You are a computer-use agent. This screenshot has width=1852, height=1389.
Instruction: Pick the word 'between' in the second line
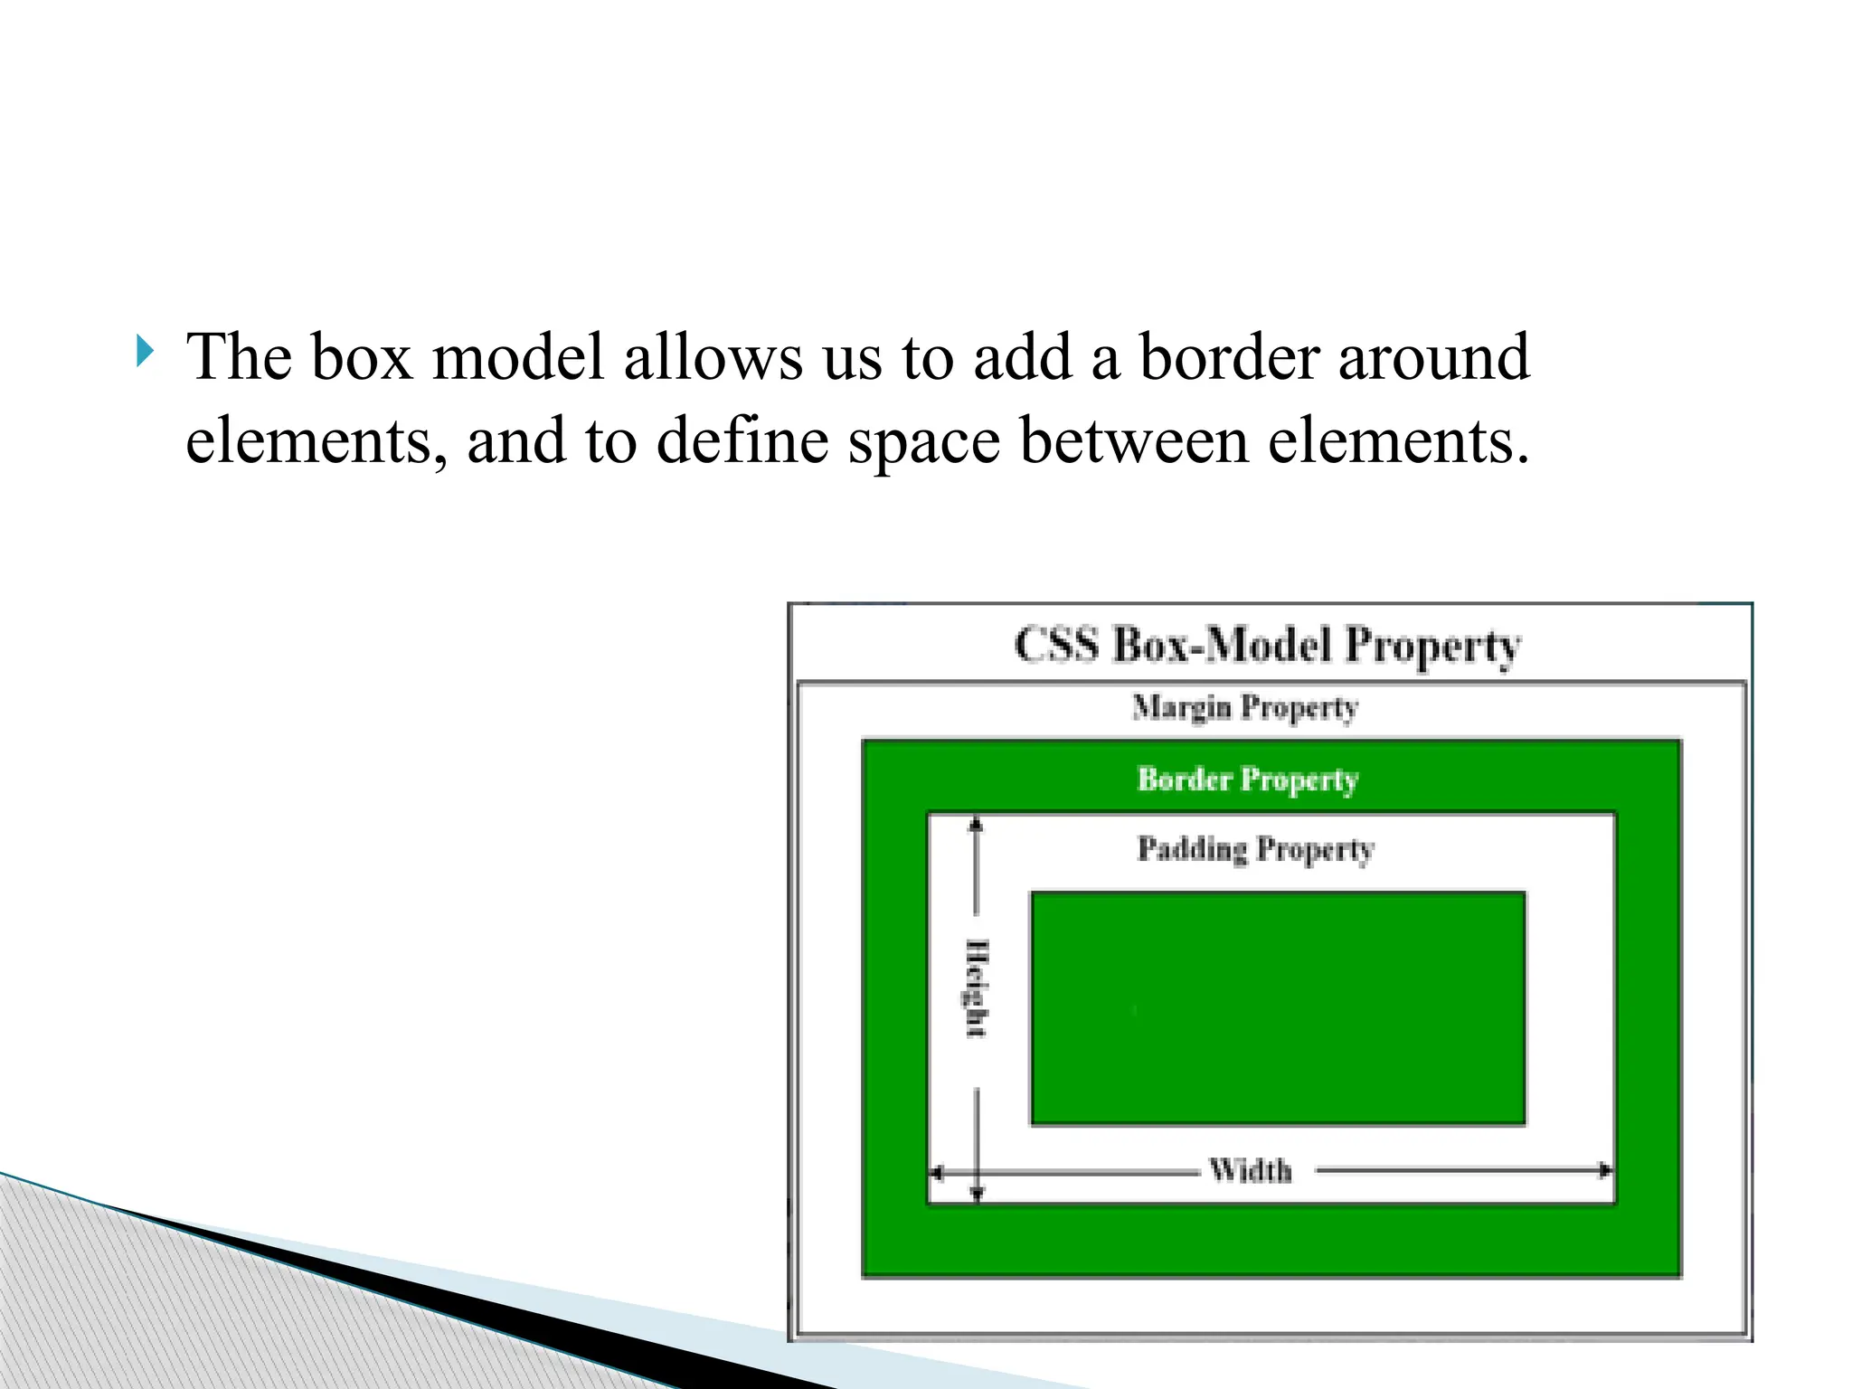point(1134,440)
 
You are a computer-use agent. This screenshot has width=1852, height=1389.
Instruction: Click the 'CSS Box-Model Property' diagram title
point(1267,646)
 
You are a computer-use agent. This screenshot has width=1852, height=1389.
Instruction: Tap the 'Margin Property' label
point(1245,707)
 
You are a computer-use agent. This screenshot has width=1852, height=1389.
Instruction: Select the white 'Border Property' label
point(1248,780)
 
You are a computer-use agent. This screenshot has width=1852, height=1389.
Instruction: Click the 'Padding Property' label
point(1255,849)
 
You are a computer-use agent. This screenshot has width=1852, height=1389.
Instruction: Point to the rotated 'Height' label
point(977,988)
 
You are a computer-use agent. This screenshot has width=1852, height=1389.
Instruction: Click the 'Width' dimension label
point(1251,1171)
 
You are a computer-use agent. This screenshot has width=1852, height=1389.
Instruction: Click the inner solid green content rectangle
point(1277,1008)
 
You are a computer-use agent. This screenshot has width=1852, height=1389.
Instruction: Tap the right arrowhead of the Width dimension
point(1605,1171)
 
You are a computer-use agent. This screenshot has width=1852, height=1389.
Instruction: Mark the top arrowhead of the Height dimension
point(976,823)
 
